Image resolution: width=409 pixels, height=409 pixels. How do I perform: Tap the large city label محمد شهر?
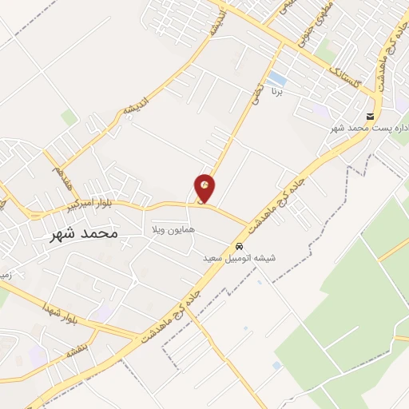pos(83,233)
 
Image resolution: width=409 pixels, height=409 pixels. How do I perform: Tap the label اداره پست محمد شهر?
pos(371,128)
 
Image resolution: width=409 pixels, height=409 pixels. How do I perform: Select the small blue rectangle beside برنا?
pos(276,78)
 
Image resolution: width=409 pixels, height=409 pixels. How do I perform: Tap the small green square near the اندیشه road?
pos(70,117)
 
